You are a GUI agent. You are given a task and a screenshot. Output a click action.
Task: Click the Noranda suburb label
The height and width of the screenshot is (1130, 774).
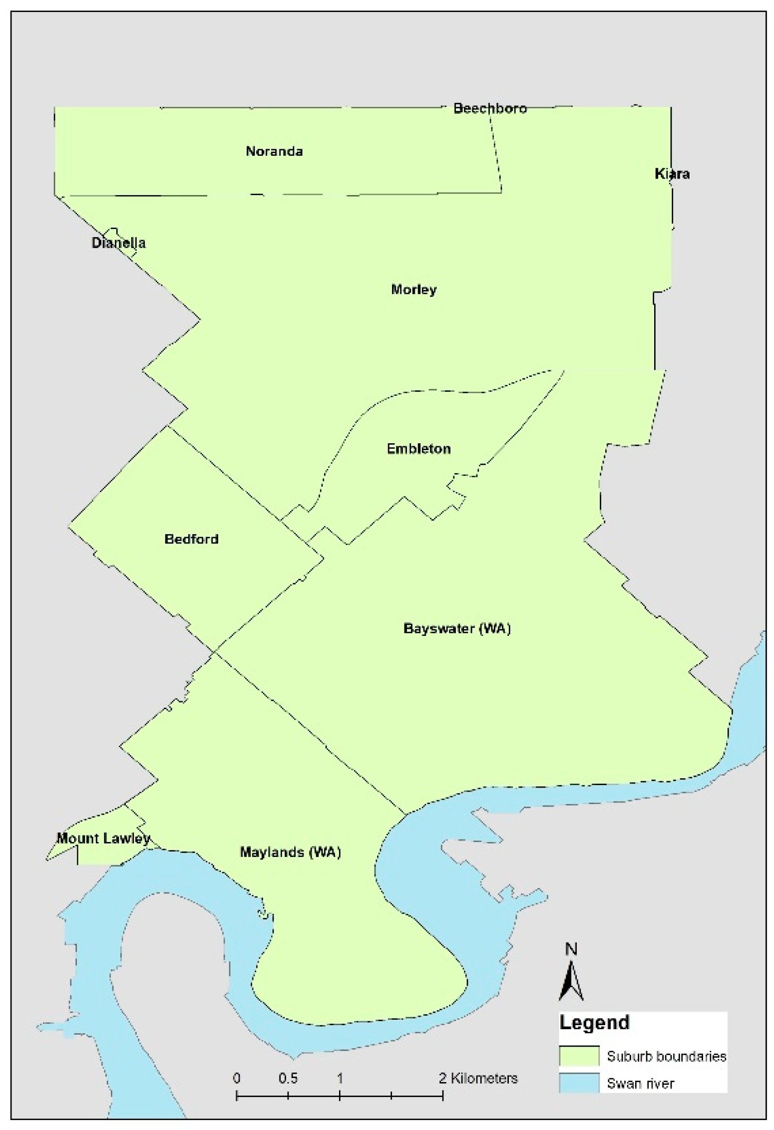click(274, 151)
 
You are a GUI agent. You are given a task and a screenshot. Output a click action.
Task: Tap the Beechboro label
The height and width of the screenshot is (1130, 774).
click(490, 108)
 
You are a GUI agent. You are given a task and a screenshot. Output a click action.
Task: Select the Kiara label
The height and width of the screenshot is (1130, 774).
click(672, 174)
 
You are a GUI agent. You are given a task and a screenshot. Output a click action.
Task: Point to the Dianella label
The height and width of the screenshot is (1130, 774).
click(118, 243)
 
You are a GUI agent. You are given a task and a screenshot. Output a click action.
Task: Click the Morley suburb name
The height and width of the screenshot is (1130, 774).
click(414, 289)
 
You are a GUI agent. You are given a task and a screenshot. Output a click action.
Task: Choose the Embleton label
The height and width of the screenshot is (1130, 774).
click(418, 449)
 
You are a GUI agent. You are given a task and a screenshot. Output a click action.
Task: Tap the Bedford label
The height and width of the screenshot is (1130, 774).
click(191, 539)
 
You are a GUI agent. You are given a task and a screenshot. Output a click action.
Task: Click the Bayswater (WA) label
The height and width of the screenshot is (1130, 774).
click(457, 628)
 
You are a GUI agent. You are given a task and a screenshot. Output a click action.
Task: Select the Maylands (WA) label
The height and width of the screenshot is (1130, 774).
click(290, 852)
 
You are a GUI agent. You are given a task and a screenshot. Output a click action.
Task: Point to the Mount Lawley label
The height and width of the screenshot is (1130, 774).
click(103, 838)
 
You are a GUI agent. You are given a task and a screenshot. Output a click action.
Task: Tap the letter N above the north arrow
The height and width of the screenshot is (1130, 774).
click(571, 949)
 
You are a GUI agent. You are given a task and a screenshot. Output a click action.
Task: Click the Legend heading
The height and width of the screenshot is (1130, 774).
click(594, 1023)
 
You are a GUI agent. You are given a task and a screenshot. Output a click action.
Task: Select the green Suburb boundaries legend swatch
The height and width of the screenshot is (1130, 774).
click(579, 1056)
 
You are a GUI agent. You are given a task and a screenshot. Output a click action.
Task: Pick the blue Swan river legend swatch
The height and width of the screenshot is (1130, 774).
click(579, 1084)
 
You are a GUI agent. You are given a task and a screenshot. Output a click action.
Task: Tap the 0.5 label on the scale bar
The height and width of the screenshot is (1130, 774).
click(288, 1079)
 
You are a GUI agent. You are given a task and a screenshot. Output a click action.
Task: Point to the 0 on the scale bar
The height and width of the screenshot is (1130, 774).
click(237, 1079)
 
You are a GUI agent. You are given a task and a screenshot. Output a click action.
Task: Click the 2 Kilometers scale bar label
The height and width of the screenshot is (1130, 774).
click(478, 1079)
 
